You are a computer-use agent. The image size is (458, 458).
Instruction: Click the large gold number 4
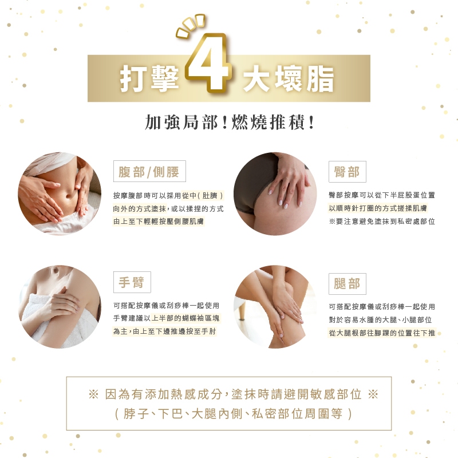coord(208,63)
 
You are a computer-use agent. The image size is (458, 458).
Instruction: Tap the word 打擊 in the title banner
coord(149,78)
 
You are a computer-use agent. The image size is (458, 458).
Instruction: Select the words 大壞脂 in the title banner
coord(289,78)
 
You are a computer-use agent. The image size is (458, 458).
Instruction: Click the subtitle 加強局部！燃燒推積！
coord(230,122)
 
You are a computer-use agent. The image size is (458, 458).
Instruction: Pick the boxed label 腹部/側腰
coord(149,171)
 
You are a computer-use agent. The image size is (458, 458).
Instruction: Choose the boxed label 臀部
coord(348,171)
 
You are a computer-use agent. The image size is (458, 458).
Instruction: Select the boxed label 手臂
coord(132,282)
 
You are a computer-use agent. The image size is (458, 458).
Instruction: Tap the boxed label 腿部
coord(348,284)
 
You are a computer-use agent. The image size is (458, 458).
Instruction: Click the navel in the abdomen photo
coord(68,195)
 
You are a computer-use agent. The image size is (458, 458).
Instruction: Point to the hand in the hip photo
coord(288,181)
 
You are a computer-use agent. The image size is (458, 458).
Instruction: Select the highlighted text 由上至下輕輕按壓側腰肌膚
coord(159,222)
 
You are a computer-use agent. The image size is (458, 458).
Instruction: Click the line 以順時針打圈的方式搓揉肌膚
coord(378,208)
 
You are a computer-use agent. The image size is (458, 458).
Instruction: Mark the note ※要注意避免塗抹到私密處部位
coord(382,222)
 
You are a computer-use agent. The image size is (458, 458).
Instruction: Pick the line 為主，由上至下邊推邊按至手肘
coord(164,331)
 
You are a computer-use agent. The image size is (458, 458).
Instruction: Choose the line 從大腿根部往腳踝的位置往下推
coord(382,333)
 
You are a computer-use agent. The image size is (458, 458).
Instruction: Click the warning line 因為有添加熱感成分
coord(164,394)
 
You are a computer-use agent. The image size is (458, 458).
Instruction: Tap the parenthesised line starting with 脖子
coord(234,413)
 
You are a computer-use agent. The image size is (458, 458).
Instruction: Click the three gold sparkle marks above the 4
coord(191,26)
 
